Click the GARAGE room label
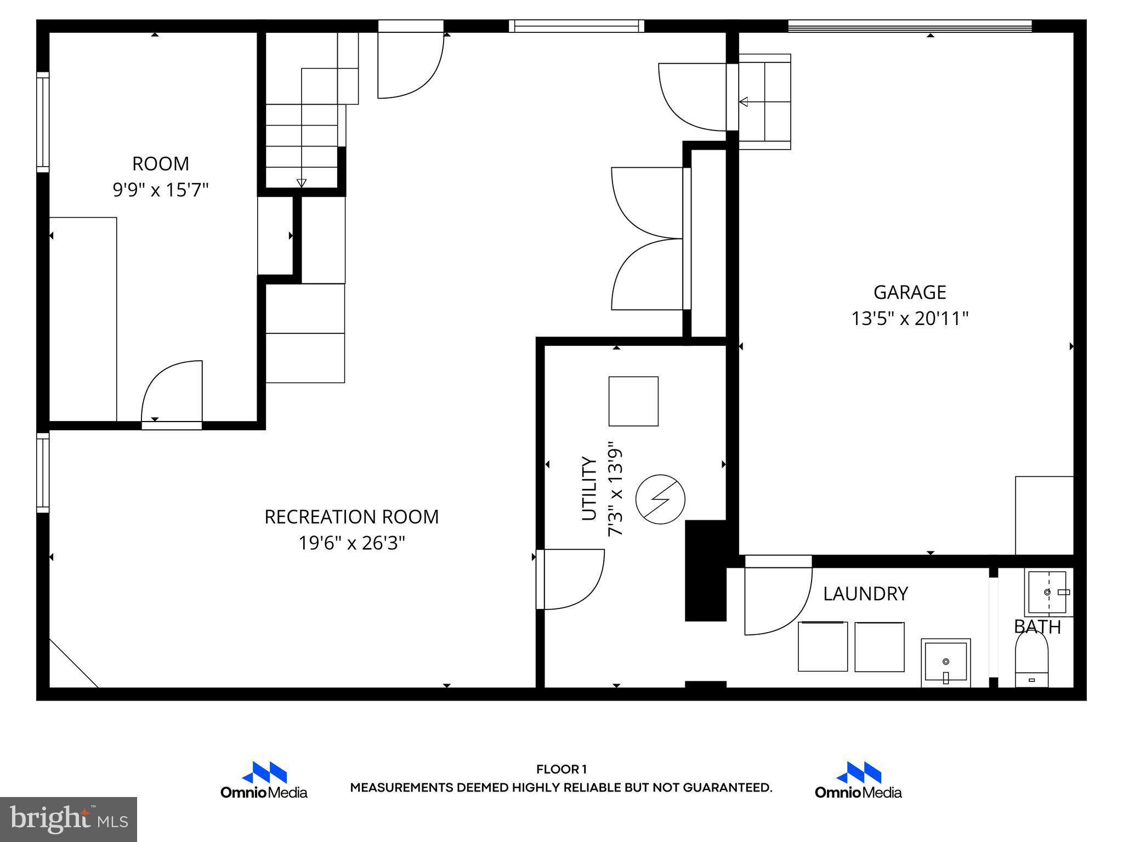click(909, 292)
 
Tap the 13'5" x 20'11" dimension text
click(909, 318)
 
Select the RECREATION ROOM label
click(351, 517)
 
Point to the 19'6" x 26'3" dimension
click(351, 543)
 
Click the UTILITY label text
click(589, 488)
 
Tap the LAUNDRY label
click(865, 594)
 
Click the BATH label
click(1037, 627)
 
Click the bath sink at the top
click(1047, 593)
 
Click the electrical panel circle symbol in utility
click(660, 499)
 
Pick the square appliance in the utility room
click(633, 401)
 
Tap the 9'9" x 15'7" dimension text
click(161, 190)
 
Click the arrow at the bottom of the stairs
click(301, 183)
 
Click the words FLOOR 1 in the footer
click(561, 770)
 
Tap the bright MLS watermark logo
click(69, 819)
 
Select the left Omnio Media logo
click(264, 780)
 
